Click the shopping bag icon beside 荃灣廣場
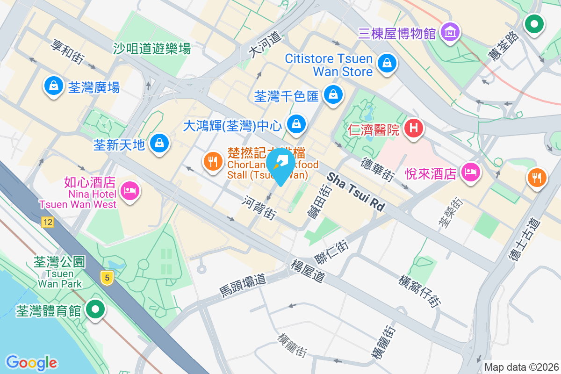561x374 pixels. [x=54, y=86]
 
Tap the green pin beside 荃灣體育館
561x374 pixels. [x=96, y=309]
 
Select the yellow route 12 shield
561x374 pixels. [x=47, y=222]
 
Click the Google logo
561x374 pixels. [x=31, y=362]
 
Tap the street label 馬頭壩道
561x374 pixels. [x=243, y=285]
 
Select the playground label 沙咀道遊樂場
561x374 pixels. [x=152, y=48]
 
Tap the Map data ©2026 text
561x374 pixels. [x=521, y=367]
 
